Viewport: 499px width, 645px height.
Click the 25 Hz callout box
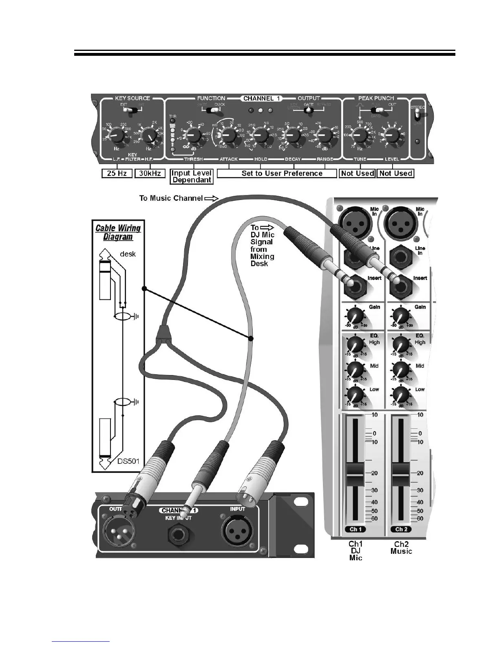(x=117, y=173)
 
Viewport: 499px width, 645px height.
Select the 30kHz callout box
(x=150, y=173)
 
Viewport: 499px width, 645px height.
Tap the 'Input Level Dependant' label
(x=192, y=176)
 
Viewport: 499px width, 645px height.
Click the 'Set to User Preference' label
(x=282, y=173)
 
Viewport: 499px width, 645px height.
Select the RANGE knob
(x=324, y=134)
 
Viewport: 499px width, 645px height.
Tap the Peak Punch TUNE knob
(x=360, y=134)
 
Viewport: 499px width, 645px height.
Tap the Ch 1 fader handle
(x=355, y=474)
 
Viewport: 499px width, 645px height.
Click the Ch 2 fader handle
(x=401, y=474)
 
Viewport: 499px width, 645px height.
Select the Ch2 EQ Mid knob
(x=401, y=370)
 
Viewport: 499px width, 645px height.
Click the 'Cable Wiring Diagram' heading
(x=118, y=233)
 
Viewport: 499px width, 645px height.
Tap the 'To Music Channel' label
(x=171, y=198)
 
